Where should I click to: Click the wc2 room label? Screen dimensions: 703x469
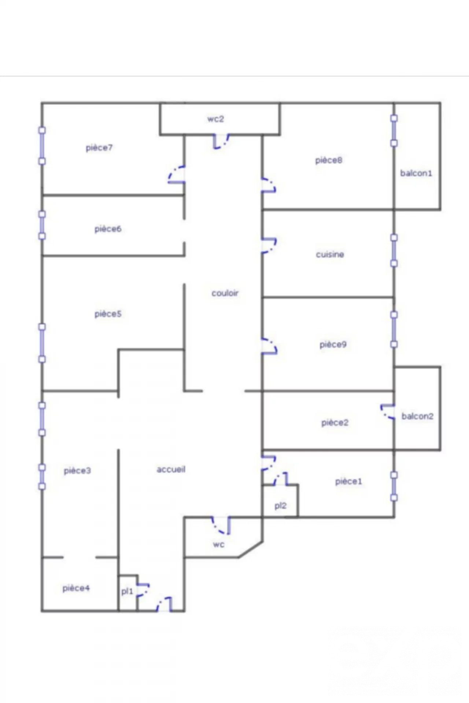[215, 119]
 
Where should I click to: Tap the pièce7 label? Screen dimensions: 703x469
[99, 148]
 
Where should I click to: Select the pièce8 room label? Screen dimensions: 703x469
[329, 160]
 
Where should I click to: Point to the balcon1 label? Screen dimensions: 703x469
[416, 173]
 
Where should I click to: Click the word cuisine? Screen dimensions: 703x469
[330, 254]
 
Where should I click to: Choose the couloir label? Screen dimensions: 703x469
[225, 293]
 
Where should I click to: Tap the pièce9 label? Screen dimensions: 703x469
[333, 345]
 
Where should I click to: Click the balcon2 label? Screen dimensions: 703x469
[417, 416]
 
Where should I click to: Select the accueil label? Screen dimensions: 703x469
[171, 469]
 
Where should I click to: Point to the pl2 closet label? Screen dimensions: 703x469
[280, 506]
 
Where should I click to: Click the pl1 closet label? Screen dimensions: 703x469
[127, 591]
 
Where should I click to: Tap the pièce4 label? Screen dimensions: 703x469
[76, 588]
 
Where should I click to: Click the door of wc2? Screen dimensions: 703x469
[221, 141]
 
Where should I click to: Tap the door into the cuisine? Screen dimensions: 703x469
[269, 245]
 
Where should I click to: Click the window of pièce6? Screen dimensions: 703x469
[42, 225]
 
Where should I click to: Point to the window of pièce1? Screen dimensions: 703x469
[394, 486]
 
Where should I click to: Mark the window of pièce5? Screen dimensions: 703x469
[42, 343]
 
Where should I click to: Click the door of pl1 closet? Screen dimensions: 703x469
[143, 590]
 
